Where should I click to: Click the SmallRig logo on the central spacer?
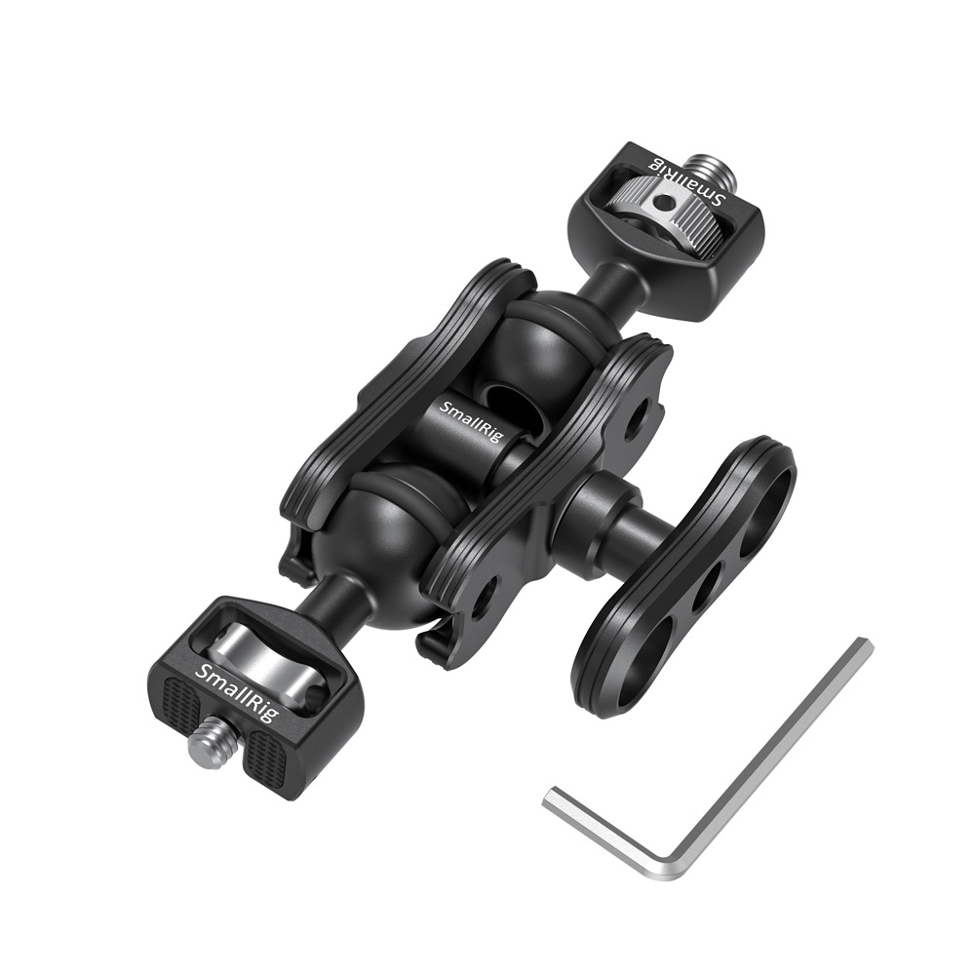471,421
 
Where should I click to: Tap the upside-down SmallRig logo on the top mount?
686,177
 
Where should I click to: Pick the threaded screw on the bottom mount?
208,748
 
